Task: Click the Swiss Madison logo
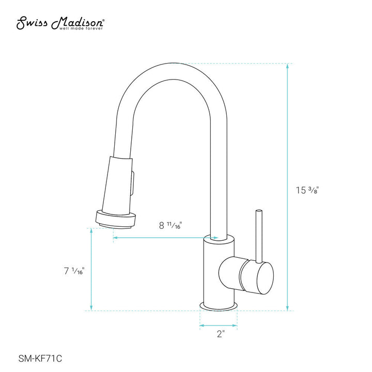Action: [61, 22]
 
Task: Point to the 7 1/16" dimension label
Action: [73, 271]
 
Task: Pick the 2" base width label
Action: [221, 334]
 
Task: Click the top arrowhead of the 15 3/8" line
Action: [288, 66]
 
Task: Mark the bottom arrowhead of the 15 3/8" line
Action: [288, 308]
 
